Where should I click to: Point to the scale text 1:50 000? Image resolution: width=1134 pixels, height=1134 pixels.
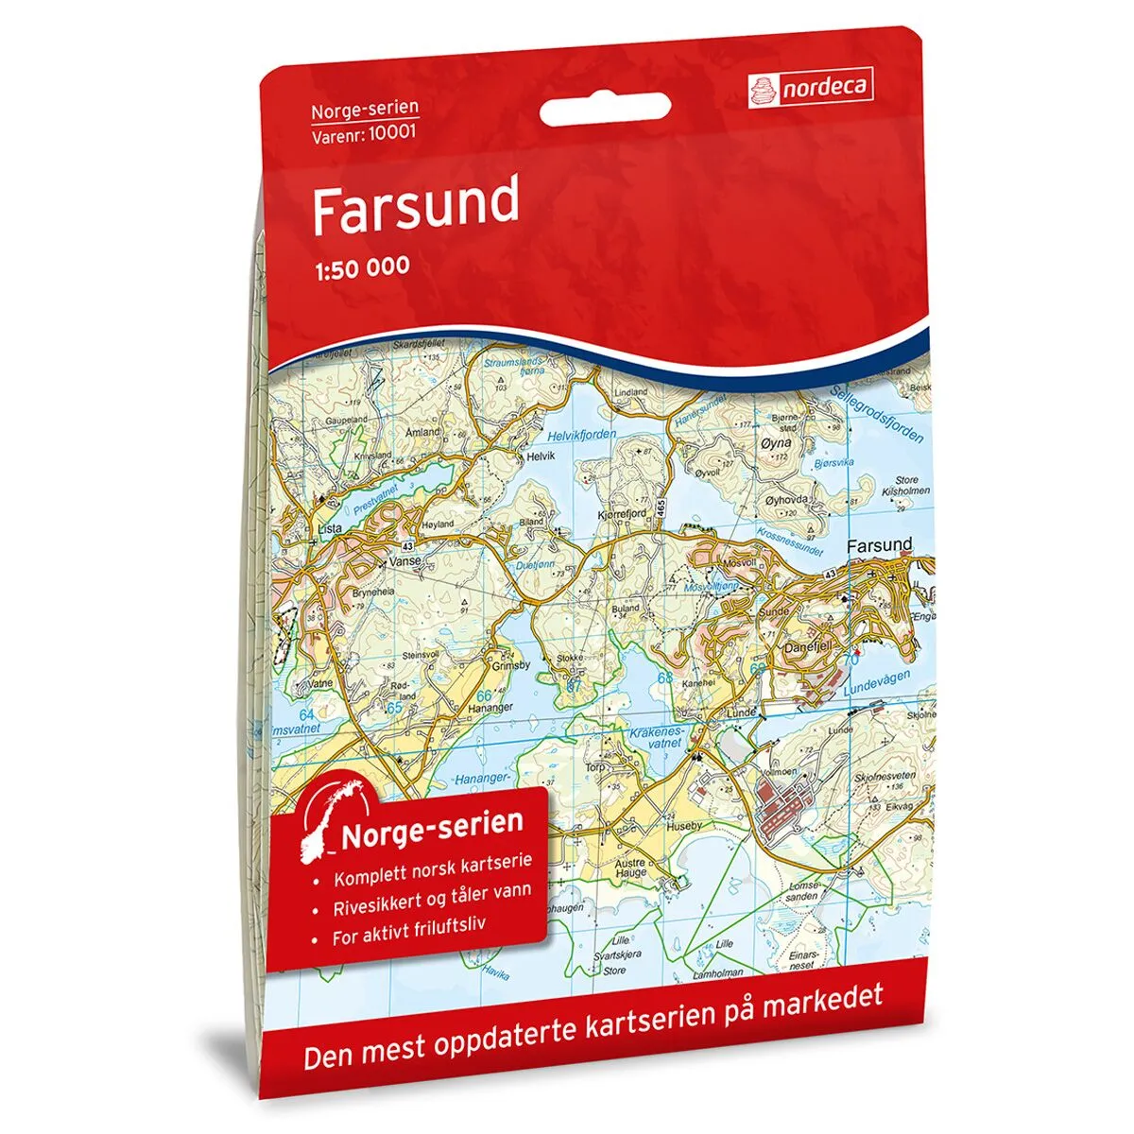361,266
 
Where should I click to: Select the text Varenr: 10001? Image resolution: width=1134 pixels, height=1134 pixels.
364,132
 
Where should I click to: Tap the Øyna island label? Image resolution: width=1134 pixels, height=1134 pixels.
775,442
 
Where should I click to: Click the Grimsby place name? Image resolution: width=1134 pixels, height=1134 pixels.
511,665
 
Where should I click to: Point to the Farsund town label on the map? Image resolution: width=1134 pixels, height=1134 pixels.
879,545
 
